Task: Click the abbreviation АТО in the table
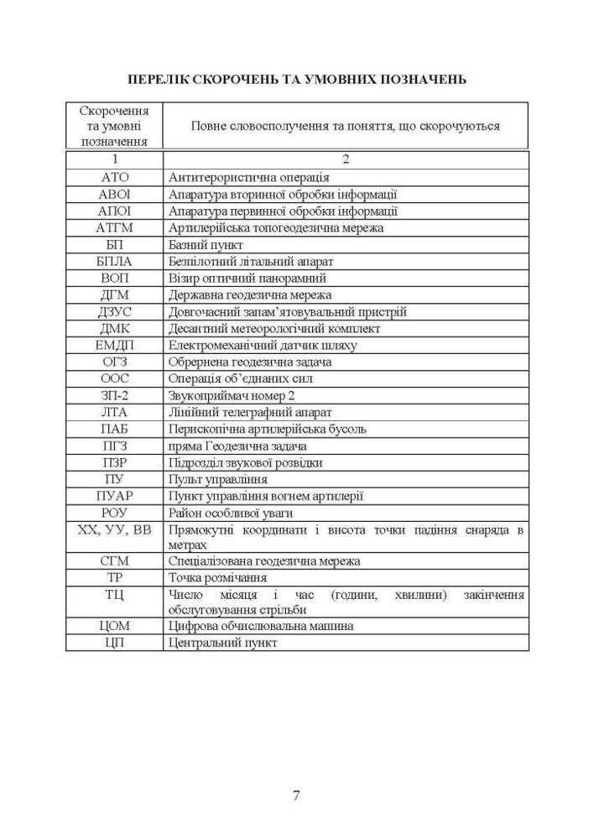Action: (115, 177)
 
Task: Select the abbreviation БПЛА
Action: (115, 261)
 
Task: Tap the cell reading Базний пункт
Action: (206, 244)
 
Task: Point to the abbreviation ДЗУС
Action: (115, 311)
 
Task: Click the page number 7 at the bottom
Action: (296, 795)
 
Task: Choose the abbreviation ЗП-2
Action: (115, 395)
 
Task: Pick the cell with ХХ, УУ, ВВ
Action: (115, 529)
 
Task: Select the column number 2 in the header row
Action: (345, 159)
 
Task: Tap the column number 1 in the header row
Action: (115, 159)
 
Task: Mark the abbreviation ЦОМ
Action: (115, 626)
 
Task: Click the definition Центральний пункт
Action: (222, 643)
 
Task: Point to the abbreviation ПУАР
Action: (115, 496)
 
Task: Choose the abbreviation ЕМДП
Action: (115, 345)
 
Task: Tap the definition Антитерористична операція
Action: (248, 177)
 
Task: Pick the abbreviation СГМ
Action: (115, 561)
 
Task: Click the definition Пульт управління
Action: (218, 479)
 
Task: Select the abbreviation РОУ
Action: (115, 513)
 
